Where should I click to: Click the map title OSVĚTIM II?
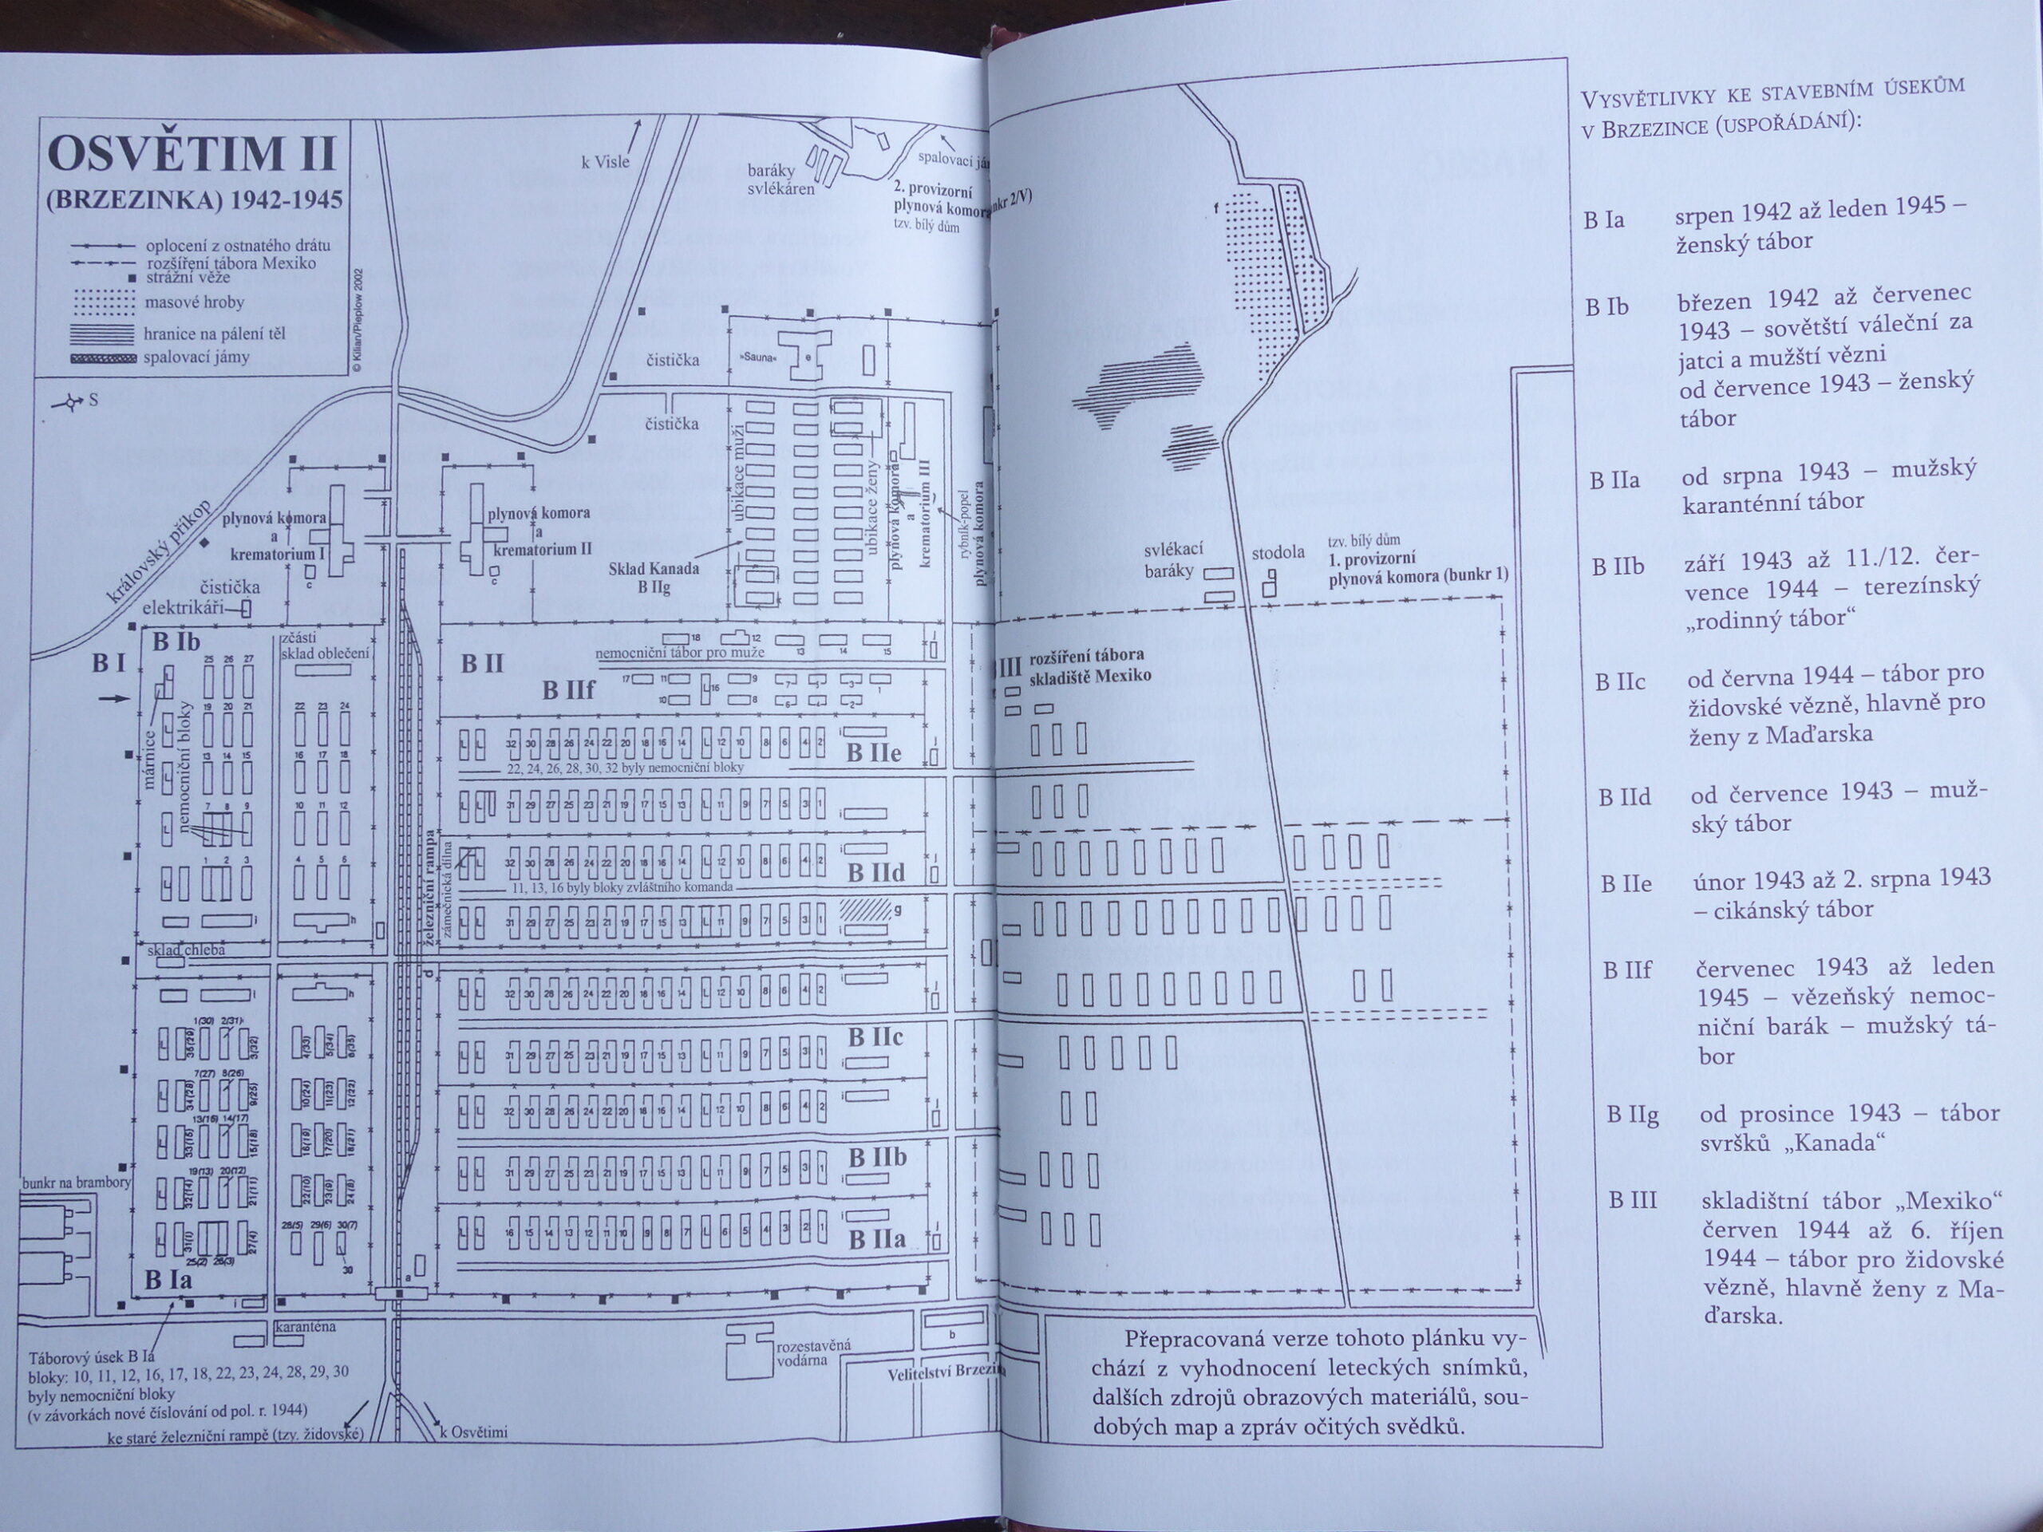pyautogui.click(x=192, y=153)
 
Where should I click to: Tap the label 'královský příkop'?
pyautogui.click(x=160, y=552)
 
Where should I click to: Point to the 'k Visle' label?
pyautogui.click(x=605, y=162)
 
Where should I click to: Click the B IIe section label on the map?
pyautogui.click(x=873, y=753)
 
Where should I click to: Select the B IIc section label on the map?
pyautogui.click(x=875, y=1037)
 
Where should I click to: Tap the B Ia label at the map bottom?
pyautogui.click(x=168, y=1280)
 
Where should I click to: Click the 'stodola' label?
pyautogui.click(x=1278, y=552)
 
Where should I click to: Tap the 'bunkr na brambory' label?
pyautogui.click(x=77, y=1182)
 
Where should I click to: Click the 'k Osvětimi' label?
pyautogui.click(x=474, y=1433)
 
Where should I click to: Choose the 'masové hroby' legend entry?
pyautogui.click(x=194, y=302)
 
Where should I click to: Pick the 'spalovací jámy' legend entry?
pyautogui.click(x=196, y=357)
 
